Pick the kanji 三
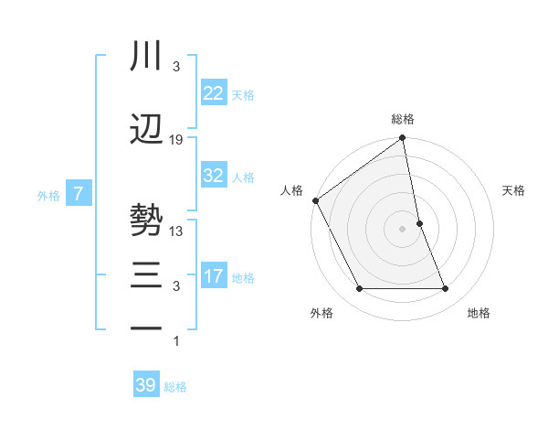[x=147, y=275]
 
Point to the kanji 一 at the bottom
[x=147, y=328]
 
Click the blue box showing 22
[x=213, y=93]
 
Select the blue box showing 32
[x=213, y=176]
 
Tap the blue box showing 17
[x=213, y=276]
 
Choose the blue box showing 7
[x=79, y=193]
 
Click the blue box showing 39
[x=145, y=385]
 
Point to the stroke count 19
[x=176, y=140]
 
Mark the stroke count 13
[x=176, y=231]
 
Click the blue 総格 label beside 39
[x=175, y=387]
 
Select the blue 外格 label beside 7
[x=48, y=195]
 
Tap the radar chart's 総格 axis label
[x=403, y=119]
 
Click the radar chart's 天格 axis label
[x=513, y=190]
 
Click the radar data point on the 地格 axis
[x=446, y=289]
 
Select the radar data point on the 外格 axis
[x=359, y=289]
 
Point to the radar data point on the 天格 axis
[x=419, y=223]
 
